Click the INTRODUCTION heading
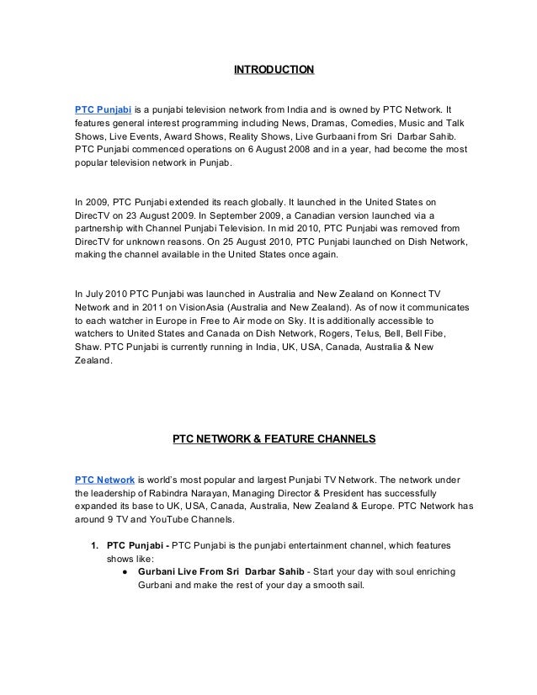[x=274, y=67]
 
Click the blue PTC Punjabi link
[x=103, y=109]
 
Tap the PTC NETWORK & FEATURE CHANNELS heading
[x=273, y=438]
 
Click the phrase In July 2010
[x=102, y=294]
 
